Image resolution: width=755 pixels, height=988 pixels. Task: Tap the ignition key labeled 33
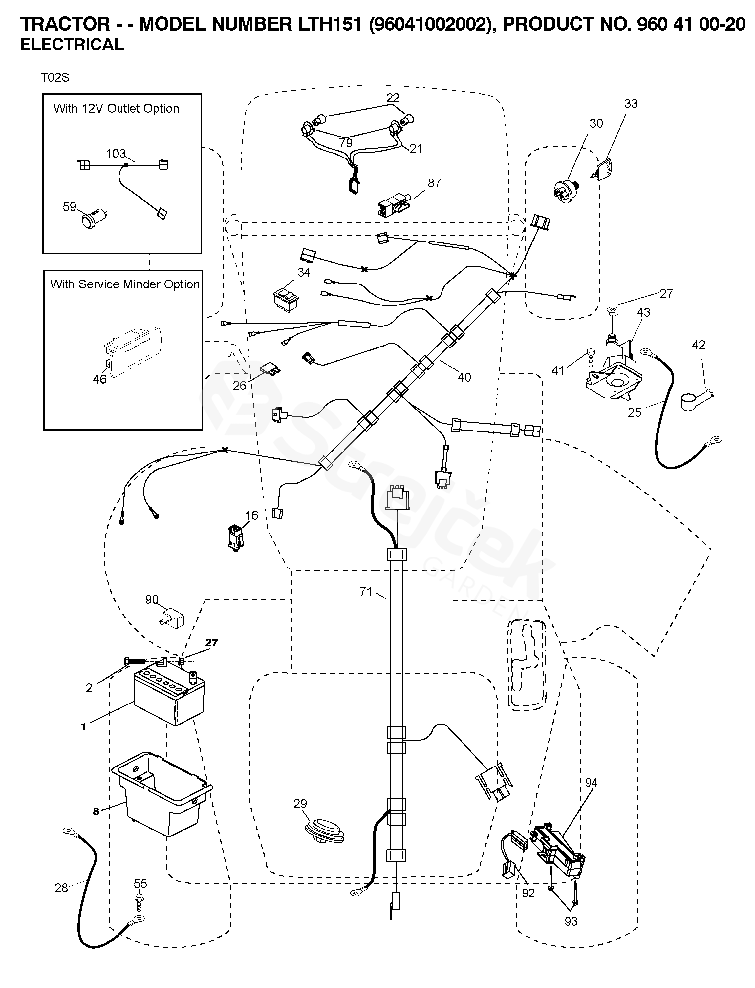pyautogui.click(x=603, y=168)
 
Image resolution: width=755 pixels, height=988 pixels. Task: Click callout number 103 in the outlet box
pyautogui.click(x=116, y=154)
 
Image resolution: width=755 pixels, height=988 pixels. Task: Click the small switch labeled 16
pyautogui.click(x=236, y=536)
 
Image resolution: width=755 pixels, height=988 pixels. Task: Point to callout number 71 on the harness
pyautogui.click(x=366, y=592)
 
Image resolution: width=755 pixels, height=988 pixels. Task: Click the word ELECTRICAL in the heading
pyautogui.click(x=72, y=45)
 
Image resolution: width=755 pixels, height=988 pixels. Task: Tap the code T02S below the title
pyautogui.click(x=55, y=78)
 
